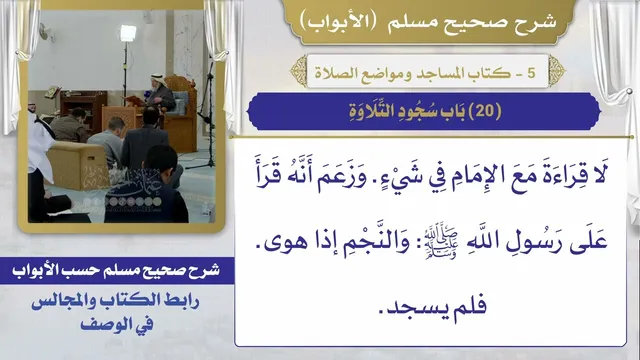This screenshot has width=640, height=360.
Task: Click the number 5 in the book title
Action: [531, 73]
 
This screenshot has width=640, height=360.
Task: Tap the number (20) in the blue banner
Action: [485, 111]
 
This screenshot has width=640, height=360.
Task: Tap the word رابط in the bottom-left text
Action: [181, 302]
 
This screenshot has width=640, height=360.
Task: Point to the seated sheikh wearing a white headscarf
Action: [160, 93]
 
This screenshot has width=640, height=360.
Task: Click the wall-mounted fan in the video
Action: [46, 31]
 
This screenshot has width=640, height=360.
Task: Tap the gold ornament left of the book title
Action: [299, 71]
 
